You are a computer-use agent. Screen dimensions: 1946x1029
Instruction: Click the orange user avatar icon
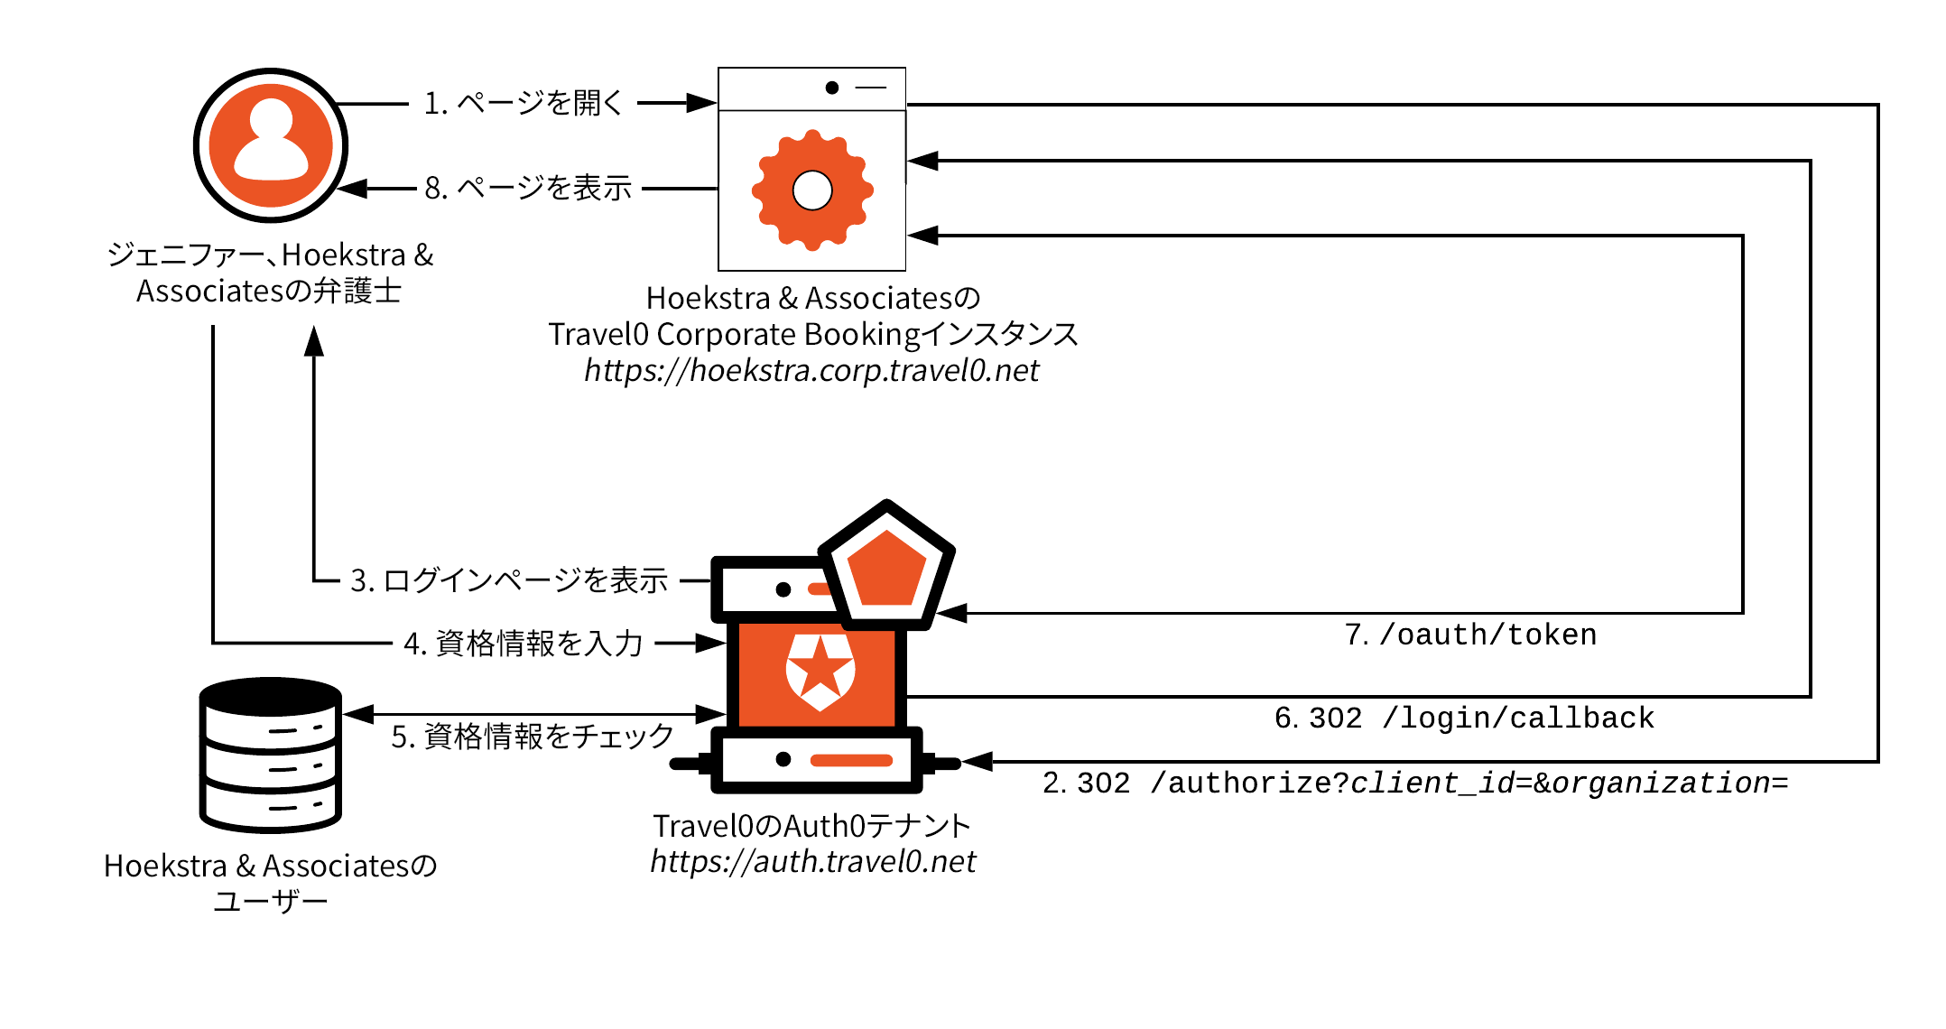(x=271, y=145)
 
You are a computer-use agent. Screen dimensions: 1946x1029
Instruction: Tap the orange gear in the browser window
(x=812, y=190)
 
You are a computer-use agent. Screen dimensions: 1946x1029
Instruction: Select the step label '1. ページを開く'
(x=524, y=103)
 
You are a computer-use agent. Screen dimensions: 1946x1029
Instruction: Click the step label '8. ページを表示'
(x=528, y=188)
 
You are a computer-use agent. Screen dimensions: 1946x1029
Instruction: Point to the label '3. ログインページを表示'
(x=509, y=580)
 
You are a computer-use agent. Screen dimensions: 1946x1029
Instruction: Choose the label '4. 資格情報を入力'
(x=524, y=644)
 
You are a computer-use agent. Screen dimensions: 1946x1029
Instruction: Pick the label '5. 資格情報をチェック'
(x=533, y=737)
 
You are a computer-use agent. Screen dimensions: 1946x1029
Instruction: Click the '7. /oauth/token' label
(x=1471, y=635)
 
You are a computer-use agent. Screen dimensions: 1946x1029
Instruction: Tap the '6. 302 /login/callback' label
(x=1464, y=718)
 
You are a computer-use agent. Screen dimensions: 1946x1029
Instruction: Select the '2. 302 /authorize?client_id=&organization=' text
(x=1415, y=783)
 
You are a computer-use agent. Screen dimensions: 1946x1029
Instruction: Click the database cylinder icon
(x=271, y=755)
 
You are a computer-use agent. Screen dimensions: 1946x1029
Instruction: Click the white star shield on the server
(x=820, y=671)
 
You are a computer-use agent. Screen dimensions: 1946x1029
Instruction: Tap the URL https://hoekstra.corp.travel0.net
(x=811, y=370)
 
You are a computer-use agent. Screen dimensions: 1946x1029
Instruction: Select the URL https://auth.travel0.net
(x=812, y=861)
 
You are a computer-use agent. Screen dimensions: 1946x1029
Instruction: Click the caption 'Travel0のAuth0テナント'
(x=811, y=825)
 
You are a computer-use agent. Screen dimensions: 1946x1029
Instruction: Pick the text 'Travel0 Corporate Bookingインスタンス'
(x=813, y=334)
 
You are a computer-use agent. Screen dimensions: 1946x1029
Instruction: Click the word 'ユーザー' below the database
(x=270, y=901)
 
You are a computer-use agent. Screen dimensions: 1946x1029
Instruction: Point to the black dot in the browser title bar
(x=832, y=88)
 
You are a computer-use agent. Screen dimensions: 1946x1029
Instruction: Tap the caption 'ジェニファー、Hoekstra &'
(x=270, y=255)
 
